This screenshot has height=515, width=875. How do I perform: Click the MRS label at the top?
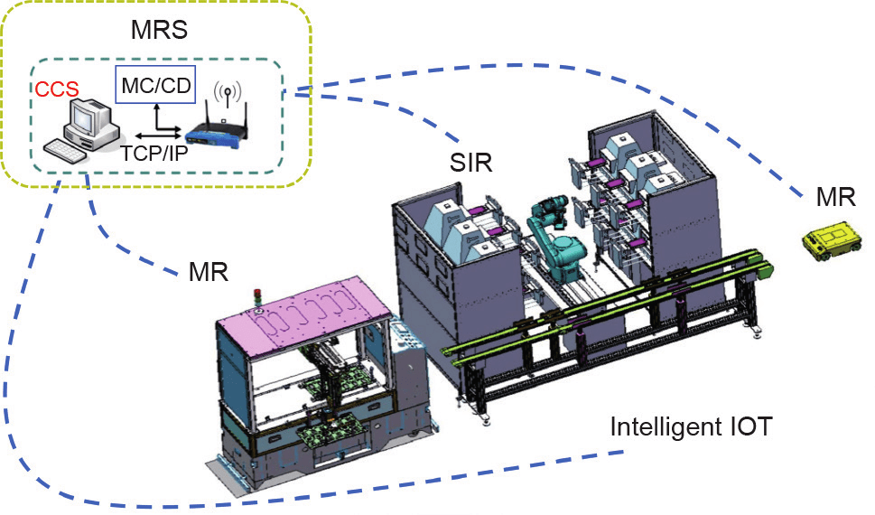tap(159, 30)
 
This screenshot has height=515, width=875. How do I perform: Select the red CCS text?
tap(57, 89)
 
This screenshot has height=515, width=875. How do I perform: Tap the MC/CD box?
tap(155, 85)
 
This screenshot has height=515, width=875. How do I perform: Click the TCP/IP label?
tap(154, 153)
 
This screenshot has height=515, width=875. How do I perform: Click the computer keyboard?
tap(66, 151)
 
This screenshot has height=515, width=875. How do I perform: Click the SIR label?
tap(471, 164)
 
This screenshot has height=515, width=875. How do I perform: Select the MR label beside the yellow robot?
tap(835, 197)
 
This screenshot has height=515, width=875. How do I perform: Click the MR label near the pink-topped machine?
tap(209, 272)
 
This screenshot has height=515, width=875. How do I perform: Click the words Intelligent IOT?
tap(692, 427)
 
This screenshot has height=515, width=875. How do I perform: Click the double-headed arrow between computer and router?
tap(158, 136)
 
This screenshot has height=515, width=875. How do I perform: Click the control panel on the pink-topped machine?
tap(404, 336)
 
